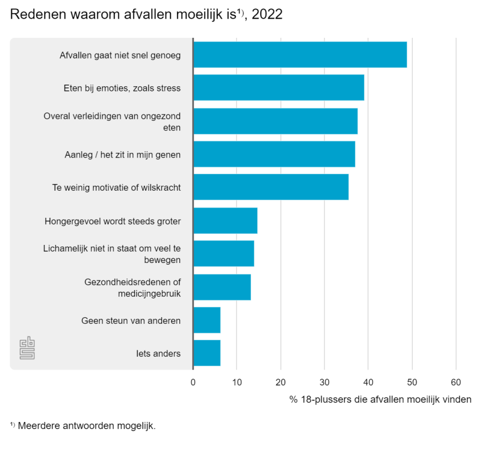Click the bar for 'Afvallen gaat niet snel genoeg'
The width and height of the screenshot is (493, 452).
[300, 55]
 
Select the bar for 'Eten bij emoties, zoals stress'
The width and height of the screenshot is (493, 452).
[279, 87]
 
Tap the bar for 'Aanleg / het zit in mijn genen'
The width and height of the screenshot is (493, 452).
[274, 154]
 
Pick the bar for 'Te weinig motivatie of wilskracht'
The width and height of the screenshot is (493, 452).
[271, 187]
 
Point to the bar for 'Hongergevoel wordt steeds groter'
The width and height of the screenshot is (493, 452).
[225, 221]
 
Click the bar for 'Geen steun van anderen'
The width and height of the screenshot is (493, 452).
[206, 321]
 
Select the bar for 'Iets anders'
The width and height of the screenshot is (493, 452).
[206, 353]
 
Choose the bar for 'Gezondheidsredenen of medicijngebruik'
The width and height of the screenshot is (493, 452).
[222, 287]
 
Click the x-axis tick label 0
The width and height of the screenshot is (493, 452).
[193, 382]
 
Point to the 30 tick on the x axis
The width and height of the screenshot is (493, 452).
[324, 382]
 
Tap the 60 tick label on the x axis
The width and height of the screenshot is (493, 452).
[456, 382]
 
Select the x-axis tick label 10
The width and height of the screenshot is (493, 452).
[237, 382]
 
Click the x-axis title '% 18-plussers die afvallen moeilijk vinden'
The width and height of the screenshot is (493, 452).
[380, 400]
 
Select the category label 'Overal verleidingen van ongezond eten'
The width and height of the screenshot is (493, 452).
[112, 121]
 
